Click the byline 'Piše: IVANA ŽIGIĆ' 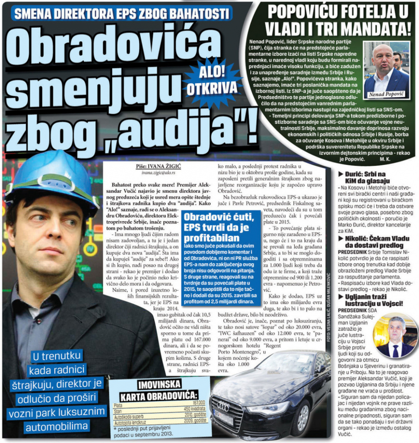point(153,166)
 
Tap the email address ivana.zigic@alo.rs point(153,172)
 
